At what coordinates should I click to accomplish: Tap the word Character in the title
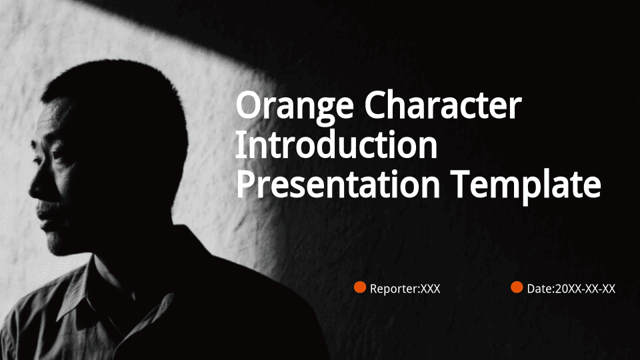point(443,105)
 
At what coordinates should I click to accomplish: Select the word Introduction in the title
point(336,145)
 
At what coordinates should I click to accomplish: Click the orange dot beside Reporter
point(359,287)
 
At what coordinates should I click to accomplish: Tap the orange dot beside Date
point(517,287)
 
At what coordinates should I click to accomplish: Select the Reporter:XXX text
point(405,289)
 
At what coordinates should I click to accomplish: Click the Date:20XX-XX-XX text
point(571,289)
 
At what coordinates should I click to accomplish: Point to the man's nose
point(35,187)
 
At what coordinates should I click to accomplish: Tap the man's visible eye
point(54,155)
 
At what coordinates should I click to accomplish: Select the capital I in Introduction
point(240,145)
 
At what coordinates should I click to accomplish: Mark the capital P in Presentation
point(246,184)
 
